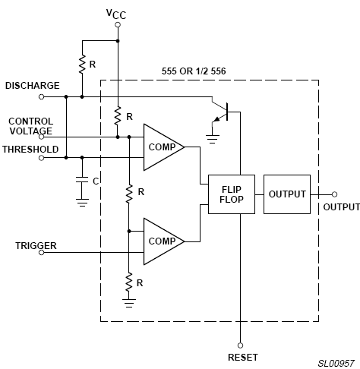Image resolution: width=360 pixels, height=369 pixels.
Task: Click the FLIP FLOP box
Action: (232, 194)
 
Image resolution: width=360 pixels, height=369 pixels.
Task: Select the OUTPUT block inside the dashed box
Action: (287, 194)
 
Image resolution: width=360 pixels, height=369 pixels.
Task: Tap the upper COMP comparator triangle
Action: (163, 147)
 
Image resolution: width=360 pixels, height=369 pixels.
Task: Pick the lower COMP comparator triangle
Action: (163, 241)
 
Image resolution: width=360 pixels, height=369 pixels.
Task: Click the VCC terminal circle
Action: (118, 25)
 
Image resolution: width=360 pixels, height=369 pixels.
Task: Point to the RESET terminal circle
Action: (240, 345)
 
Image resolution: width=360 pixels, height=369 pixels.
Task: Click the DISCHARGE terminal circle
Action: (42, 96)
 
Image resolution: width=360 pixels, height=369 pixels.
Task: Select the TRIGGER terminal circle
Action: (42, 252)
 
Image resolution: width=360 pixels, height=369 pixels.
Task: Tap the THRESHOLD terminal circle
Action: (42, 158)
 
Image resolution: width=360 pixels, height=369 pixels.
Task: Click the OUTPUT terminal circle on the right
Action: (334, 194)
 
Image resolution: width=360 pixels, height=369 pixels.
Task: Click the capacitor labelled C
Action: (82, 180)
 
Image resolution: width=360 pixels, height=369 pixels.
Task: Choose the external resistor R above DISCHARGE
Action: (82, 65)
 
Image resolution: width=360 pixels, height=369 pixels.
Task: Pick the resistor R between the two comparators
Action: (129, 194)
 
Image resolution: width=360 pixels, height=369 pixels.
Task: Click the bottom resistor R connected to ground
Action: (129, 282)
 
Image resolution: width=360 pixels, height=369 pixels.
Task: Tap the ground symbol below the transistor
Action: (213, 139)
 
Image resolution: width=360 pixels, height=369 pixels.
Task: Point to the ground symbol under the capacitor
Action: (82, 203)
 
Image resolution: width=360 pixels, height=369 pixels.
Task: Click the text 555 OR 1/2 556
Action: (194, 71)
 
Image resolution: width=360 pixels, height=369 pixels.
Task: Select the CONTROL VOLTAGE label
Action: (31, 126)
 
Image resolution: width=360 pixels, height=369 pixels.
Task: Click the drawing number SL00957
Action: (336, 364)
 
